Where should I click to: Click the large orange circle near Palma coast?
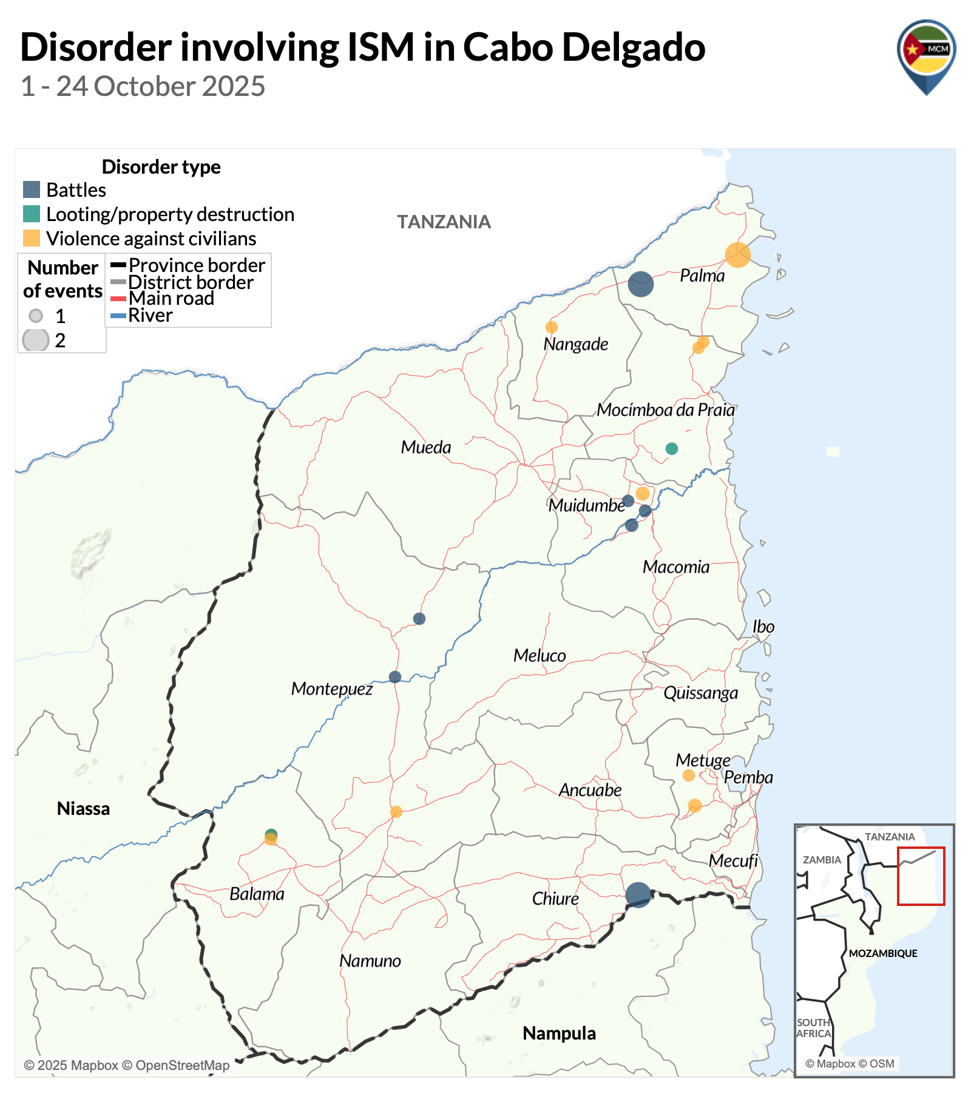click(737, 255)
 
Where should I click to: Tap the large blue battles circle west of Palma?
click(640, 284)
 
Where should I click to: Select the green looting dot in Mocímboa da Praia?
click(671, 449)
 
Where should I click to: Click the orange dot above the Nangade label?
click(551, 327)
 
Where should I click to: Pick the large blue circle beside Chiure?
click(638, 895)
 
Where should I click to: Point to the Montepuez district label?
click(331, 689)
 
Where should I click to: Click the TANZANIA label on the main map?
click(444, 222)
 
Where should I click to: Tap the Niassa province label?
click(83, 809)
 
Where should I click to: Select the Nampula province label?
click(559, 1033)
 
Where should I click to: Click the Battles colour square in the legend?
click(32, 189)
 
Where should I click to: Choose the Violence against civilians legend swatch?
click(32, 238)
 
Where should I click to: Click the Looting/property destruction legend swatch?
click(32, 214)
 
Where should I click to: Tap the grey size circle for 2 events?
click(36, 340)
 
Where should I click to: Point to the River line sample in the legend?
click(118, 316)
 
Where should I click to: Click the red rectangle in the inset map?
click(921, 876)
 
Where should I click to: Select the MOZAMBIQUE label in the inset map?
click(882, 953)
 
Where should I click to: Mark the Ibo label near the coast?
click(763, 627)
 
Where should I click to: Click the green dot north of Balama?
click(271, 834)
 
